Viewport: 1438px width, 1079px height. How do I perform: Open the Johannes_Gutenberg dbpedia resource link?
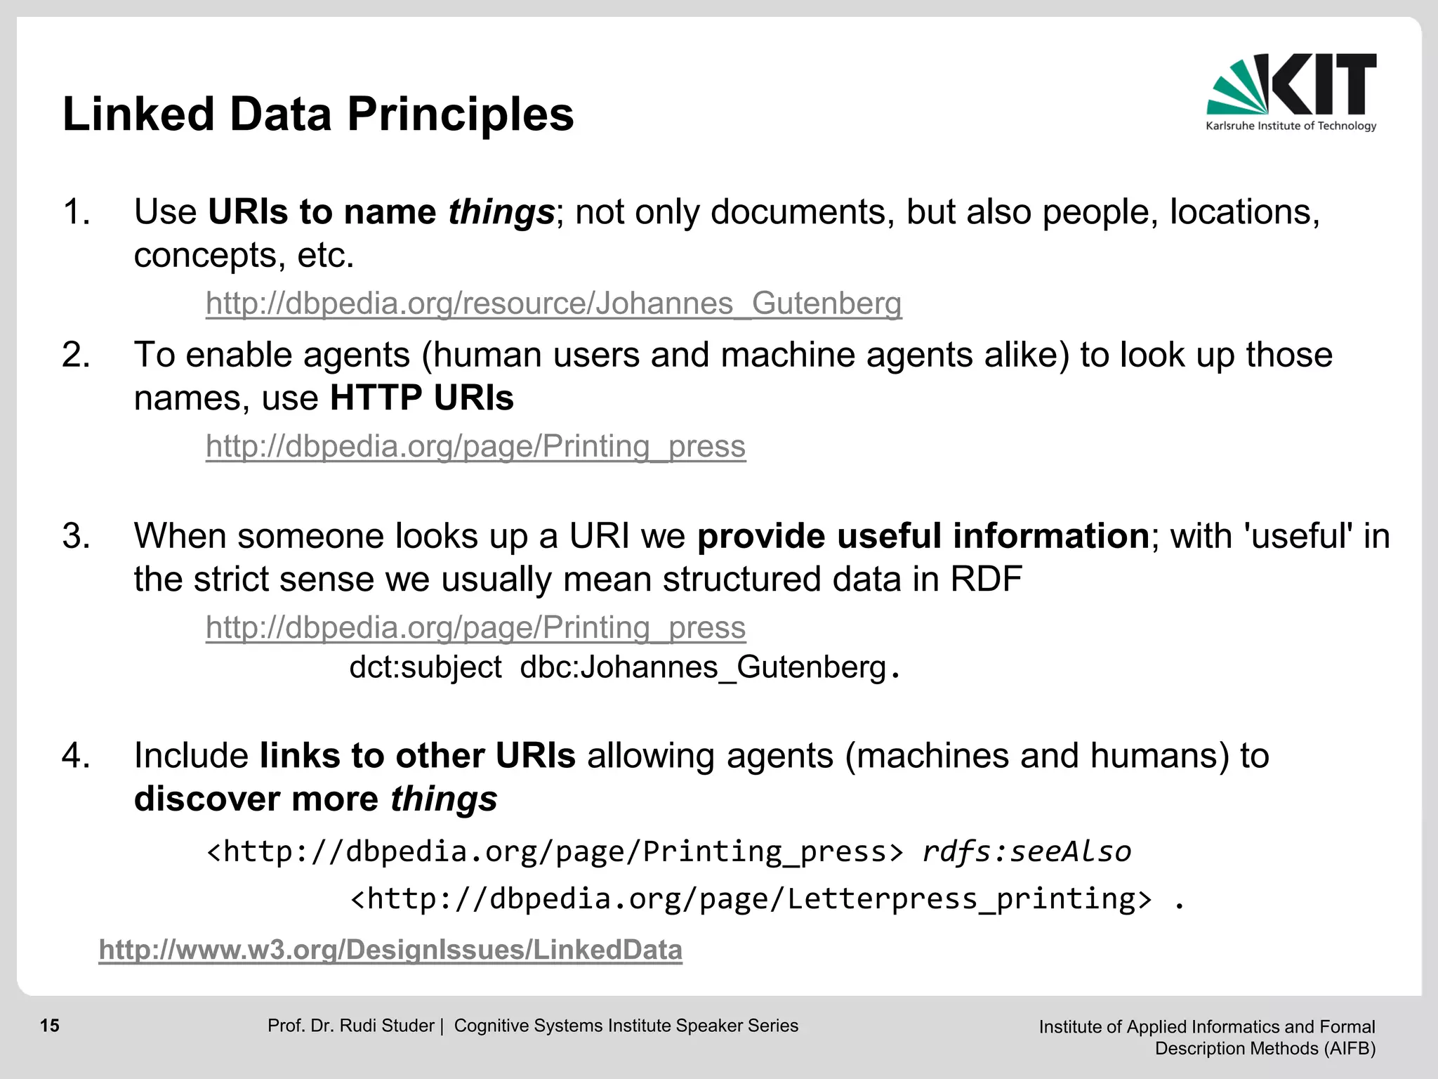click(x=553, y=303)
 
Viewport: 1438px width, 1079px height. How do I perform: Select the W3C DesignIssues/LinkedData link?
click(x=390, y=950)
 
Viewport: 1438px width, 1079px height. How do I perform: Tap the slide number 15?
click(x=50, y=1026)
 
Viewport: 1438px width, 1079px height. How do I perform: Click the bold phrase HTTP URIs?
click(x=421, y=398)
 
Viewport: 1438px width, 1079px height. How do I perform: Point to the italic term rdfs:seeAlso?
click(x=1027, y=851)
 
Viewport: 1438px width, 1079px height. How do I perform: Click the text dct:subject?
click(x=426, y=667)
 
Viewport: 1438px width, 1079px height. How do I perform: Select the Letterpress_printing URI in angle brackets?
click(x=751, y=899)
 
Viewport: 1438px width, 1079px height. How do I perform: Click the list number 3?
click(x=76, y=537)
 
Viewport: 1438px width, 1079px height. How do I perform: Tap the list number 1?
click(x=76, y=212)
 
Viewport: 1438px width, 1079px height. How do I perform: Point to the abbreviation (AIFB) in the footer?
click(x=1350, y=1048)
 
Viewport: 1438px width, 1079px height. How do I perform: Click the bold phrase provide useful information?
click(x=923, y=537)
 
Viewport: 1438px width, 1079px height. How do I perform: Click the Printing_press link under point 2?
click(x=475, y=447)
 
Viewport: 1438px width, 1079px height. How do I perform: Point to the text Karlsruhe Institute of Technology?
click(x=1291, y=126)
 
